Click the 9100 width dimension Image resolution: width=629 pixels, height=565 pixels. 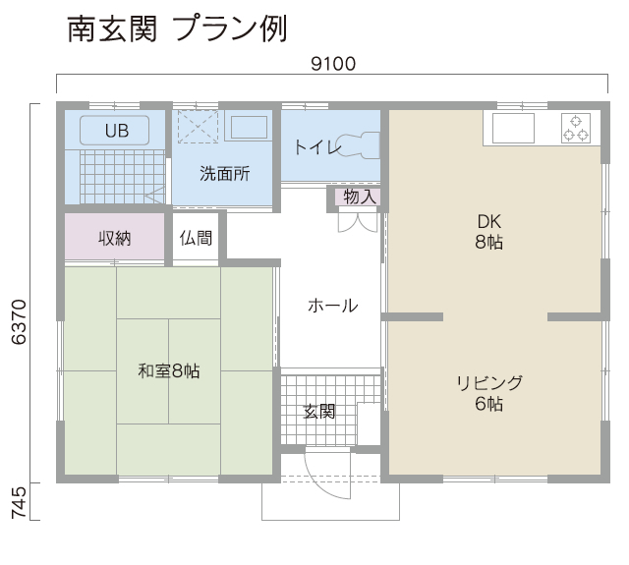tap(333, 64)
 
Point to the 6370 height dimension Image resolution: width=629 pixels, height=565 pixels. tap(19, 321)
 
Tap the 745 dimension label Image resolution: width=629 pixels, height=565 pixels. tap(19, 503)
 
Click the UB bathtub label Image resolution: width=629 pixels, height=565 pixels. tap(117, 131)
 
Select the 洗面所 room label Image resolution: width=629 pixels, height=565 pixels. tap(225, 174)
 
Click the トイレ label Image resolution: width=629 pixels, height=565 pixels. tap(317, 147)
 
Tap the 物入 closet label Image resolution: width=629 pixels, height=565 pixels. tap(360, 197)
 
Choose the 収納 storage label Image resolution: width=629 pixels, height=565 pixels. tap(115, 238)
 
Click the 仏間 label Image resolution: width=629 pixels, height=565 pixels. tap(196, 238)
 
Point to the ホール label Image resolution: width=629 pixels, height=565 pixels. tap(333, 306)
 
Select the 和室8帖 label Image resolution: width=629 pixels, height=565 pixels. tap(168, 370)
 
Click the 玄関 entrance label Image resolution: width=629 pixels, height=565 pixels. tap(318, 412)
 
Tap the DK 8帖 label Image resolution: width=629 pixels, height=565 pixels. tap(489, 232)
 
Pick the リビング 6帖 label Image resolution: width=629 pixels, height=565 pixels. tap(489, 393)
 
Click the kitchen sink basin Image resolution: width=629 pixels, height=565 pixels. tap(513, 128)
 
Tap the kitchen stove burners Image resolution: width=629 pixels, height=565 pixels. tap(576, 128)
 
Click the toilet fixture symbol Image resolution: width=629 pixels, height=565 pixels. tap(358, 145)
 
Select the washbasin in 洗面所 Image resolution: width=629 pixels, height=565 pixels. tap(249, 128)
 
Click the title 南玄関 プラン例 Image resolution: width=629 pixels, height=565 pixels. tap(177, 28)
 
